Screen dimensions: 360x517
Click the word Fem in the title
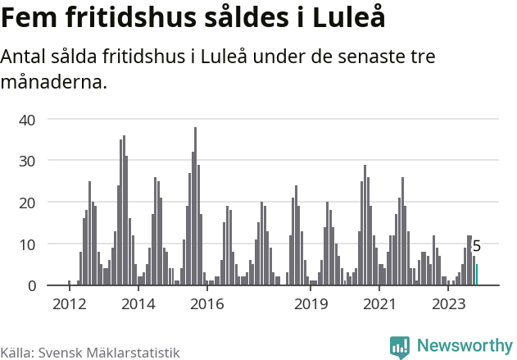(31, 18)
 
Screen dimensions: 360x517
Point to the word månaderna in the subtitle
(54, 82)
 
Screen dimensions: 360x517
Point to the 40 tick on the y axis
(27, 120)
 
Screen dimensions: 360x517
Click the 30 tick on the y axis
(27, 161)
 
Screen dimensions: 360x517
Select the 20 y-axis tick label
(27, 203)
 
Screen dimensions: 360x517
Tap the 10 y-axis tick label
(27, 244)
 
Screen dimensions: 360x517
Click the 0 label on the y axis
(31, 285)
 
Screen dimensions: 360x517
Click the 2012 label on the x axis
(69, 304)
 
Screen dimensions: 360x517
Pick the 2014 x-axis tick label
(138, 304)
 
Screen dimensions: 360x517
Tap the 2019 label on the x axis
(311, 304)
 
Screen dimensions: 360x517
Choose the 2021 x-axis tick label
(379, 304)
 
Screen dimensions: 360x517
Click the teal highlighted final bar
(477, 275)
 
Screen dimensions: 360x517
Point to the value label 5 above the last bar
(477, 246)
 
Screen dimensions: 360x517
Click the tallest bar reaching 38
(195, 207)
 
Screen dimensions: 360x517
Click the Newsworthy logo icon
(400, 347)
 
